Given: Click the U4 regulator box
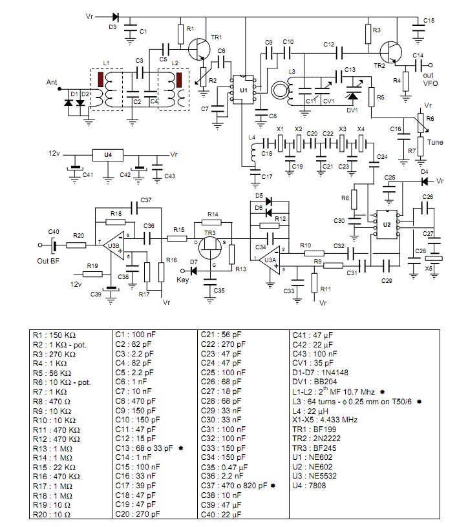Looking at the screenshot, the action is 108,155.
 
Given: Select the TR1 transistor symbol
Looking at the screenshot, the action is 199,49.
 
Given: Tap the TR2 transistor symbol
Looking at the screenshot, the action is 391,52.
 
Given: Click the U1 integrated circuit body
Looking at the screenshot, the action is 243,90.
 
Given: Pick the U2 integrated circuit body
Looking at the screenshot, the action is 387,225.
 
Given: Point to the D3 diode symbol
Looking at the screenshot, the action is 116,17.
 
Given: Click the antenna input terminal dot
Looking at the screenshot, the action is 59,89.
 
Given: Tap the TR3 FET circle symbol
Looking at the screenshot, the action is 210,249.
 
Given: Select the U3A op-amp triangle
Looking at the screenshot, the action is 269,260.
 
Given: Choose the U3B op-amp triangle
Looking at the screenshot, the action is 114,245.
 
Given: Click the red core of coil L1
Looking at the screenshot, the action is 101,79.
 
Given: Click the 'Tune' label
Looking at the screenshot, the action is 435,142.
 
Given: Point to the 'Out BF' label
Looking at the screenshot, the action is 48,261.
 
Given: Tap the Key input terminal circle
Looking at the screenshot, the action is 183,271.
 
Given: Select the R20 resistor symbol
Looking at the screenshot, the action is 76,245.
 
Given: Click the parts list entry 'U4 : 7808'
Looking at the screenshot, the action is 309,485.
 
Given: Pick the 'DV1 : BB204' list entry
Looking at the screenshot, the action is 315,382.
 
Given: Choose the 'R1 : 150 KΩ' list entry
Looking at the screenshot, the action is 54,335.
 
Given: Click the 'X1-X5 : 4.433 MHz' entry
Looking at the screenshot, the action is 325,420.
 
